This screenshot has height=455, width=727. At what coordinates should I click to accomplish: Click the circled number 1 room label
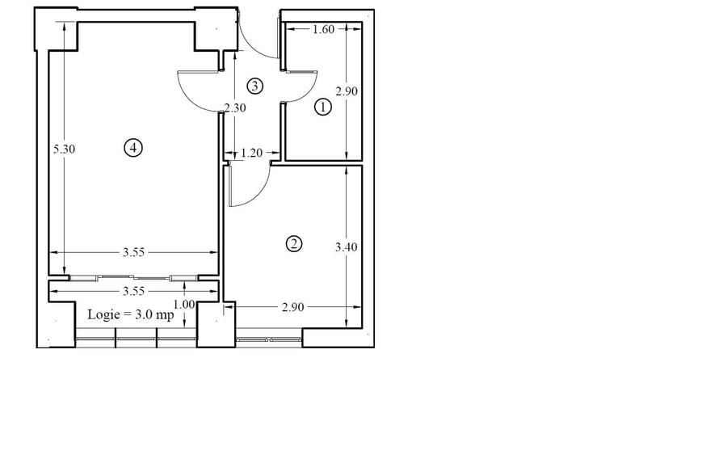[322, 107]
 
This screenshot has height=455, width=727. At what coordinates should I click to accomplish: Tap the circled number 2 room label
[294, 244]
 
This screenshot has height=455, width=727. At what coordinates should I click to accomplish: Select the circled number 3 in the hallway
[255, 86]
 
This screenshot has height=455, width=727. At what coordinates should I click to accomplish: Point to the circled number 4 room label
[133, 148]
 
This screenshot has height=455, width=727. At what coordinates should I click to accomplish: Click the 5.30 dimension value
[64, 150]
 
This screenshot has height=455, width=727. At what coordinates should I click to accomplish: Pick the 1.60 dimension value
[323, 30]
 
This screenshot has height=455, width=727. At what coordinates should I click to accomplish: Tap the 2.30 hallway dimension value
[235, 108]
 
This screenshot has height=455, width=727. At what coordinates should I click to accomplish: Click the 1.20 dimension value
[252, 153]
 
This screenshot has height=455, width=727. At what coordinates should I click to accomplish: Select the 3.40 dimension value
[347, 247]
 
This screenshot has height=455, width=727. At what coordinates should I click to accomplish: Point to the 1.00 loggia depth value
[184, 305]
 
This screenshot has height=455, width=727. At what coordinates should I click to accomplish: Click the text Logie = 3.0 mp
[131, 315]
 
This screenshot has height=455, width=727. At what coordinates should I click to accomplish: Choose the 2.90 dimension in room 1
[347, 91]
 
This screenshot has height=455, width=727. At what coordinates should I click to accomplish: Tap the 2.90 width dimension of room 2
[293, 307]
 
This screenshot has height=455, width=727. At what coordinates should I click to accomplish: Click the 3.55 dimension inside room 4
[133, 252]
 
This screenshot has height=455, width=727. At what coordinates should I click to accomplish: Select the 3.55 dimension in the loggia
[133, 291]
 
